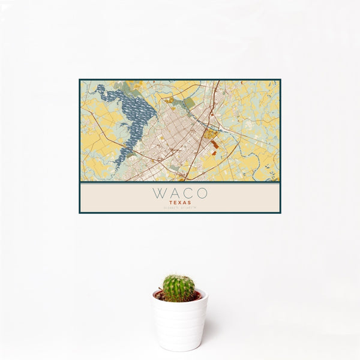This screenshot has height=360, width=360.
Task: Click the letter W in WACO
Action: pyautogui.click(x=158, y=193)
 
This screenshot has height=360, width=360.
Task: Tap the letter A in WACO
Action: pyautogui.click(x=173, y=193)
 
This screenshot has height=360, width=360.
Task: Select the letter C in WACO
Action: pyautogui.click(x=188, y=193)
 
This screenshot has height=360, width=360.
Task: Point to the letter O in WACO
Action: pyautogui.click(x=202, y=193)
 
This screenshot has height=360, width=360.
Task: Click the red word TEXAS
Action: pyautogui.click(x=180, y=203)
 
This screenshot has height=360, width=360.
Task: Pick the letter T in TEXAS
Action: pyautogui.click(x=171, y=203)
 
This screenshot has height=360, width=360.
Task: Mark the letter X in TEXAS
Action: pyautogui.click(x=180, y=203)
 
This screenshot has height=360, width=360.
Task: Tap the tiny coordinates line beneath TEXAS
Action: pyautogui.click(x=180, y=208)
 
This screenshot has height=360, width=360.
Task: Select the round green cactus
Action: pyautogui.click(x=179, y=288)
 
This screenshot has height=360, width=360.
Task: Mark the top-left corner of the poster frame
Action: pyautogui.click(x=80, y=80)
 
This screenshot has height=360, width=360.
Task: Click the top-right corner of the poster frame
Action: pyautogui.click(x=280, y=80)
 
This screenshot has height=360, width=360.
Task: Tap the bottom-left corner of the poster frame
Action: pyautogui.click(x=80, y=213)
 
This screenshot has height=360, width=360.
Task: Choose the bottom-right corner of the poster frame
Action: pyautogui.click(x=280, y=213)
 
